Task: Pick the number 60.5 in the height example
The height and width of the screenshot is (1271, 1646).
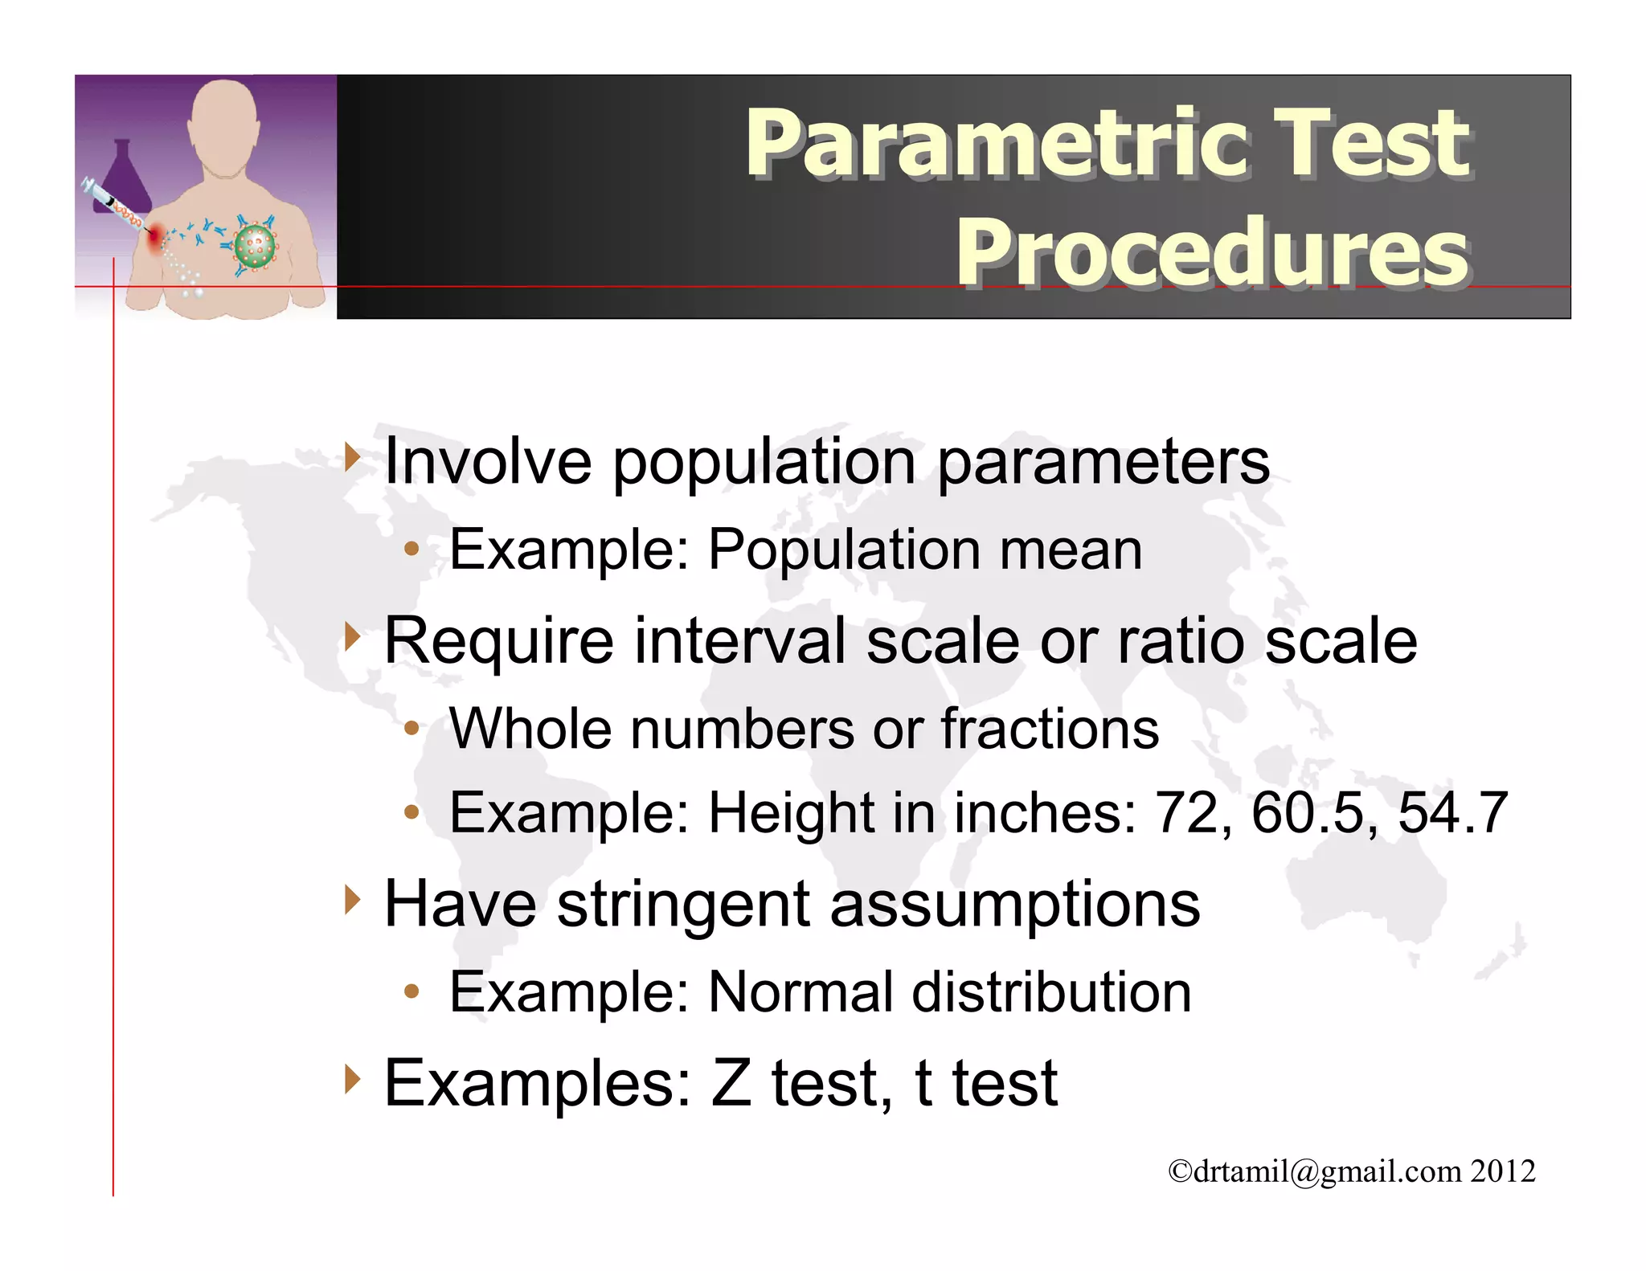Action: point(1314,813)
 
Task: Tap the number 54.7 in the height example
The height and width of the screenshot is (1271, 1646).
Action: point(1452,813)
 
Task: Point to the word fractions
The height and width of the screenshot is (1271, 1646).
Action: point(1050,729)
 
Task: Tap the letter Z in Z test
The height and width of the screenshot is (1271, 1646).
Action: point(731,1084)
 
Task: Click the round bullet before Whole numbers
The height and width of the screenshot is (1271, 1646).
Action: point(411,729)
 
